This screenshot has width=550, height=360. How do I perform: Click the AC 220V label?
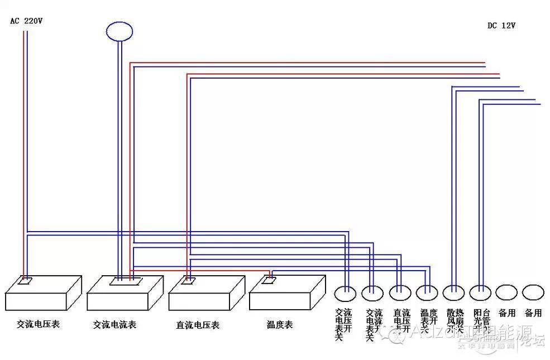click(x=26, y=21)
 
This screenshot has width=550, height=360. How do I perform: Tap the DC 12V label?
click(x=501, y=25)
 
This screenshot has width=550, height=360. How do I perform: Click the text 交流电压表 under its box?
click(x=38, y=324)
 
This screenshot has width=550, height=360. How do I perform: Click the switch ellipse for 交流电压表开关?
click(x=345, y=292)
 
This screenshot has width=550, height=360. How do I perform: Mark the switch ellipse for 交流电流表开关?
click(x=372, y=292)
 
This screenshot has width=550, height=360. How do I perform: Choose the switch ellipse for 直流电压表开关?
click(x=400, y=292)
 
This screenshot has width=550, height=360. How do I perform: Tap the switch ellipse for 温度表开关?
click(x=427, y=292)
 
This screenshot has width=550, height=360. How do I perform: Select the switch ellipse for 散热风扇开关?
click(x=453, y=292)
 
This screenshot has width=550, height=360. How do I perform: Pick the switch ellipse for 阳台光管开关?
click(x=480, y=292)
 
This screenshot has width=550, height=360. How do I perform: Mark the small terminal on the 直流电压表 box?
click(x=189, y=281)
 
